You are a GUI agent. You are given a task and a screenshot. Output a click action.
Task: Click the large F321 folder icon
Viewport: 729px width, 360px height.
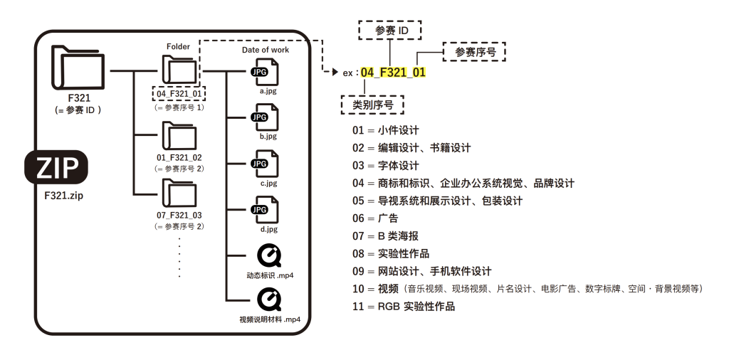pyautogui.click(x=78, y=69)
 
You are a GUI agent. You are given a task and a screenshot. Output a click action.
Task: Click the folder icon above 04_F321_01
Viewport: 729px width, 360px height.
pyautogui.click(x=178, y=70)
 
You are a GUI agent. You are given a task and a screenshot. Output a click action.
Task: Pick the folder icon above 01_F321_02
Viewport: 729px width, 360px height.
pyautogui.click(x=178, y=135)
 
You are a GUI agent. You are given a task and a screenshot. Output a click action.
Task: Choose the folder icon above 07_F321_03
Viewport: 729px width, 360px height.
pyautogui.click(x=178, y=193)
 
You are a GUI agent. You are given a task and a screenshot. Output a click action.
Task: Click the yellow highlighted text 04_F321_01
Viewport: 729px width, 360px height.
pyautogui.click(x=393, y=73)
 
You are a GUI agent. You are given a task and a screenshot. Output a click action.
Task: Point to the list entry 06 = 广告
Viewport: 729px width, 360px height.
pyautogui.click(x=375, y=218)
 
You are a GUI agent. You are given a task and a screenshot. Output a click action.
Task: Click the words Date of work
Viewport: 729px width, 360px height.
pyautogui.click(x=265, y=50)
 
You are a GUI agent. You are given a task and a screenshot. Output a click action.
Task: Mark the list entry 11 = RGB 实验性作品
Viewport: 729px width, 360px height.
pyautogui.click(x=403, y=307)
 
